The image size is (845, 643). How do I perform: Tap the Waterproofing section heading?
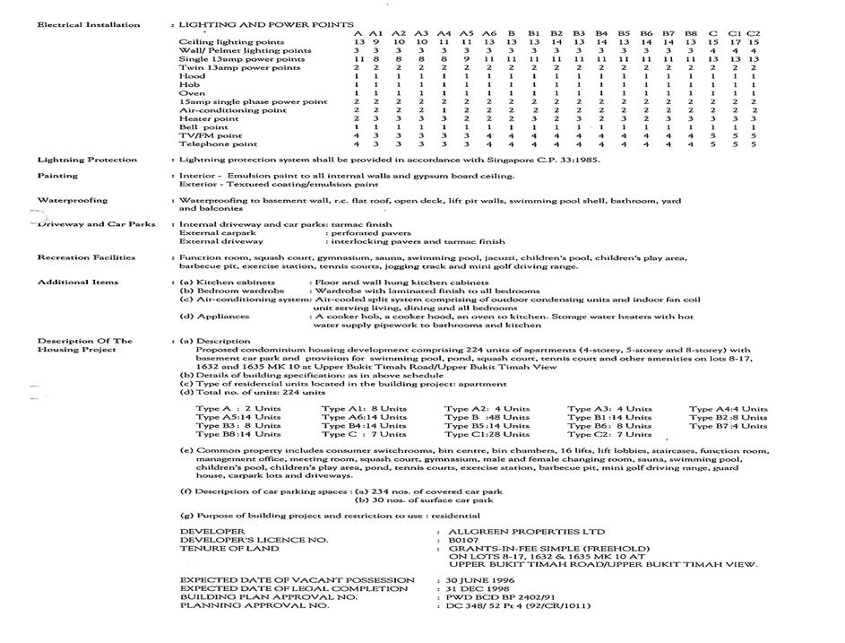pyautogui.click(x=73, y=200)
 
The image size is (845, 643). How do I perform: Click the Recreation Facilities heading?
pyautogui.click(x=86, y=257)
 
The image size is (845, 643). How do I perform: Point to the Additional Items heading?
pyautogui.click(x=78, y=282)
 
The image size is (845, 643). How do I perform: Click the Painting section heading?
pyautogui.click(x=57, y=176)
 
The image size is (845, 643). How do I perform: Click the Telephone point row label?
pyautogui.click(x=218, y=143)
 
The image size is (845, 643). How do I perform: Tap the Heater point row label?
pyautogui.click(x=209, y=118)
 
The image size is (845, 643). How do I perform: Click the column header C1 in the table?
pyautogui.click(x=735, y=33)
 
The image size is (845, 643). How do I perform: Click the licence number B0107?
pyautogui.click(x=464, y=541)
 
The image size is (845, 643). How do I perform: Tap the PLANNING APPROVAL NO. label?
pyautogui.click(x=254, y=605)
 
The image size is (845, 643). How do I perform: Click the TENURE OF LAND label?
pyautogui.click(x=229, y=549)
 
